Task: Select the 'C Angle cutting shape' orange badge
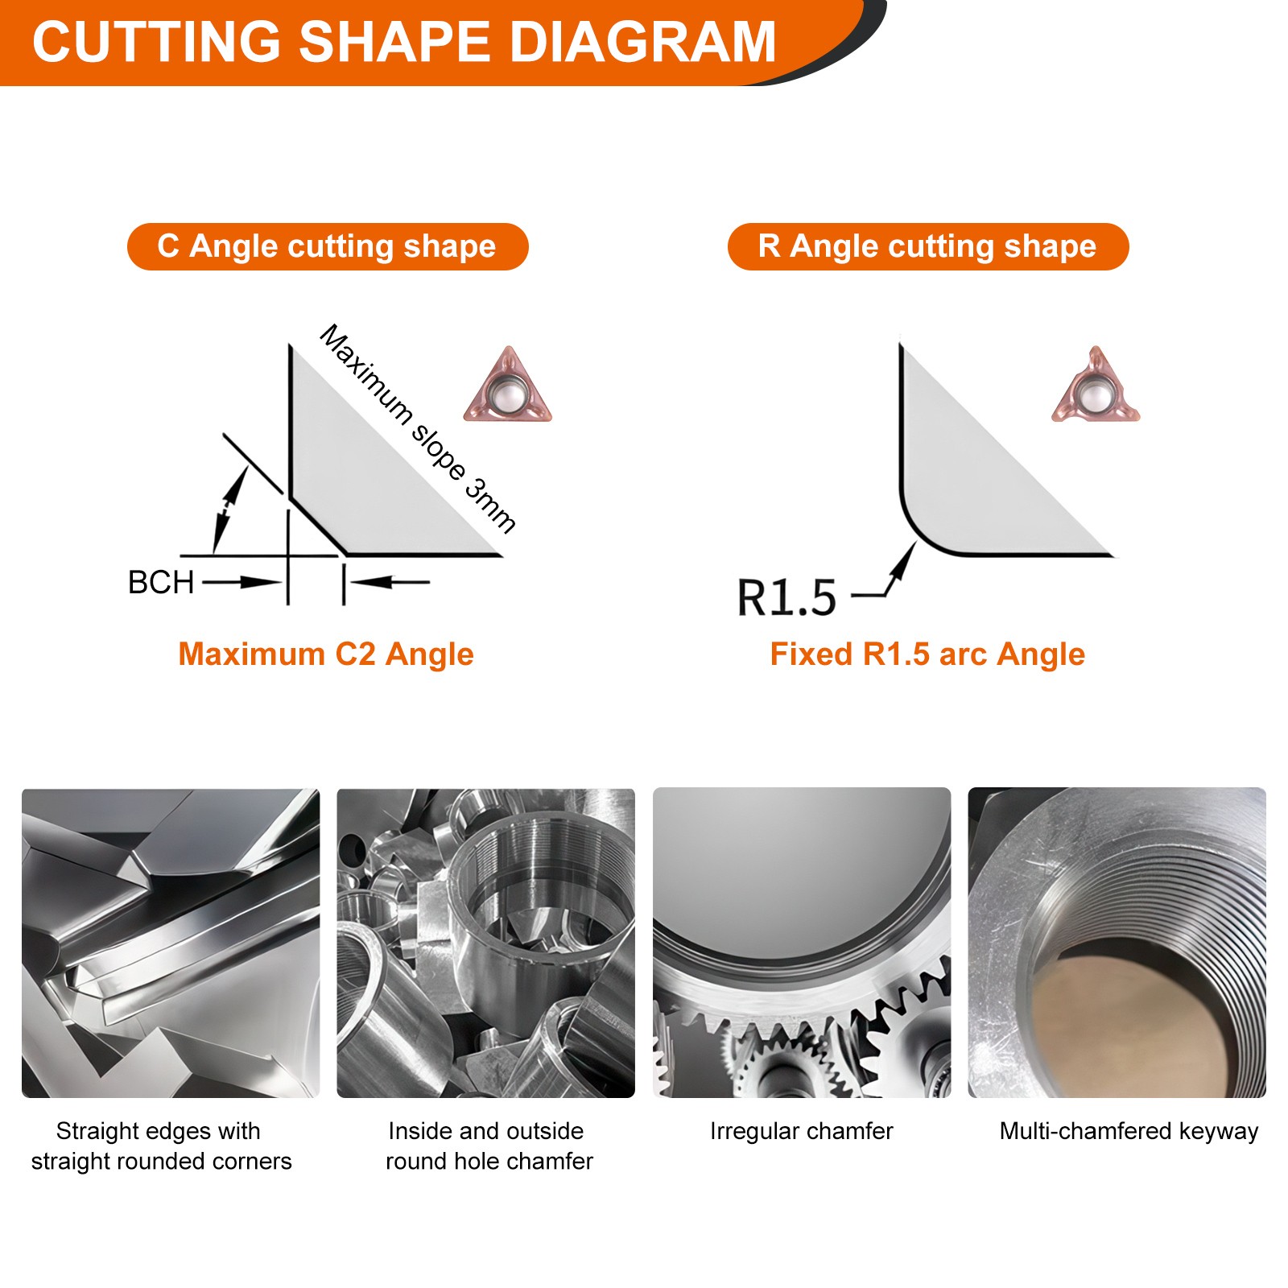pos(327,246)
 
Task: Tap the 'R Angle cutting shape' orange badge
pos(927,246)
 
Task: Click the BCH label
pos(161,582)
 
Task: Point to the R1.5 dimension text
pos(786,598)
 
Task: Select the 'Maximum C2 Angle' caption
pos(325,654)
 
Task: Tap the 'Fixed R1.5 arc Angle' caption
pos(927,654)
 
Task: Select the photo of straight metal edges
pos(171,942)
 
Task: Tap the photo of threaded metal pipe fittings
pos(485,942)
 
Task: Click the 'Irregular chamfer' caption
pos(801,1131)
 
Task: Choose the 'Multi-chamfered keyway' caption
pos(1128,1131)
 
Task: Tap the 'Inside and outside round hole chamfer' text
pos(488,1146)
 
